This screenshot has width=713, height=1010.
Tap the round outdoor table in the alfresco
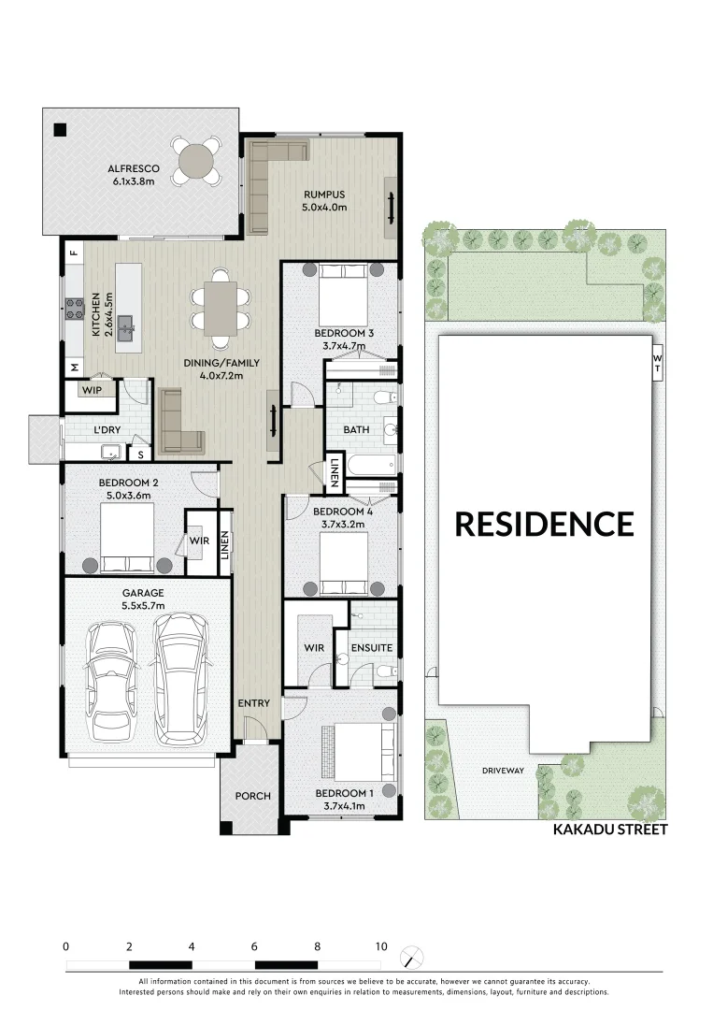197,160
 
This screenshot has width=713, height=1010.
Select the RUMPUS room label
324,195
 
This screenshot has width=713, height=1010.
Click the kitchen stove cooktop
74,308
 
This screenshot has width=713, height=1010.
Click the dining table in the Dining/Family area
221,309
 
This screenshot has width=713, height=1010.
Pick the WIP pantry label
92,389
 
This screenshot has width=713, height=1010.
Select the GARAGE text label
143,593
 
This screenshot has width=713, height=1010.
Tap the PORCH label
252,796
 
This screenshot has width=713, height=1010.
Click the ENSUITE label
371,647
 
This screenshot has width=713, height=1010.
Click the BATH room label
357,430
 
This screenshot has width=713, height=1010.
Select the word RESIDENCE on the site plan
544,524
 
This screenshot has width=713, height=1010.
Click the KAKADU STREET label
609,829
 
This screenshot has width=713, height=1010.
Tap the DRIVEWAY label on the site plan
503,771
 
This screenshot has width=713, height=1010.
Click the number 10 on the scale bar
380,946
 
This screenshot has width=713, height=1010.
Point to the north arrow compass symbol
412,958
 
